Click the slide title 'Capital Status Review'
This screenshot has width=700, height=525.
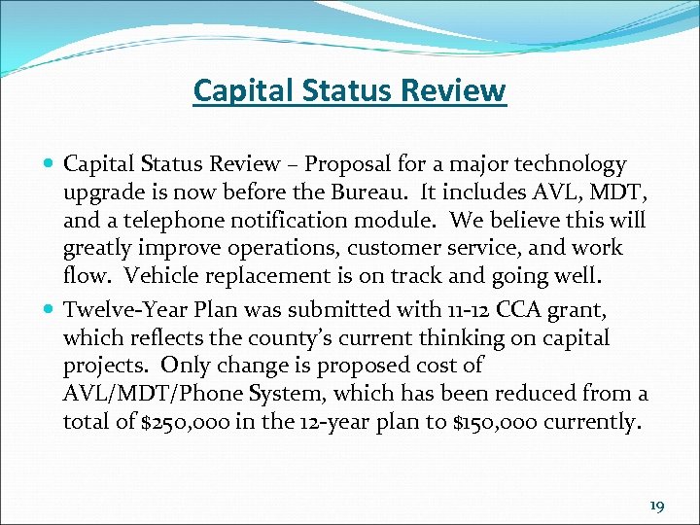(x=350, y=90)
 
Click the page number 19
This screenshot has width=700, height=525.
(x=658, y=506)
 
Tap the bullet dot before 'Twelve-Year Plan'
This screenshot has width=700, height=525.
(x=50, y=310)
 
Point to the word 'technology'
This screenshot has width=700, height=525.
(x=574, y=165)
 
